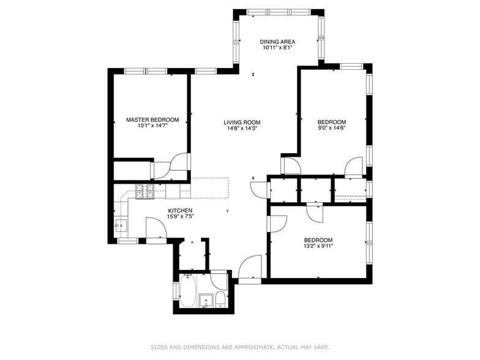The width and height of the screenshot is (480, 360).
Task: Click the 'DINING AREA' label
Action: coord(277,42)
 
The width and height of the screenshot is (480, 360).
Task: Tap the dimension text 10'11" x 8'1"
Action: coord(277,48)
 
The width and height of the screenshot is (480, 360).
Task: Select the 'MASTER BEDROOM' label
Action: coord(152,120)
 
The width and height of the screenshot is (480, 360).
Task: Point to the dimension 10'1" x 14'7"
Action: coord(152,127)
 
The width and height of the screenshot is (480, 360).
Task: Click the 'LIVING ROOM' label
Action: coord(242,122)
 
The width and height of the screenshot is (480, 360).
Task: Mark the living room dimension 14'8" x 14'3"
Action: coord(242,129)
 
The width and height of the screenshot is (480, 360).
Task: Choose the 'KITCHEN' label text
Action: coord(180,211)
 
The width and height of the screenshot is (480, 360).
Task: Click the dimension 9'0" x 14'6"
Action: coord(331,129)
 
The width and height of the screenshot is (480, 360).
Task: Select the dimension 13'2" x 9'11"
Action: coord(318,247)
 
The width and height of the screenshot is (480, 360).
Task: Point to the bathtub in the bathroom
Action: coord(189,293)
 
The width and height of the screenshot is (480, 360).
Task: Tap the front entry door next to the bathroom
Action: coord(250,269)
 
